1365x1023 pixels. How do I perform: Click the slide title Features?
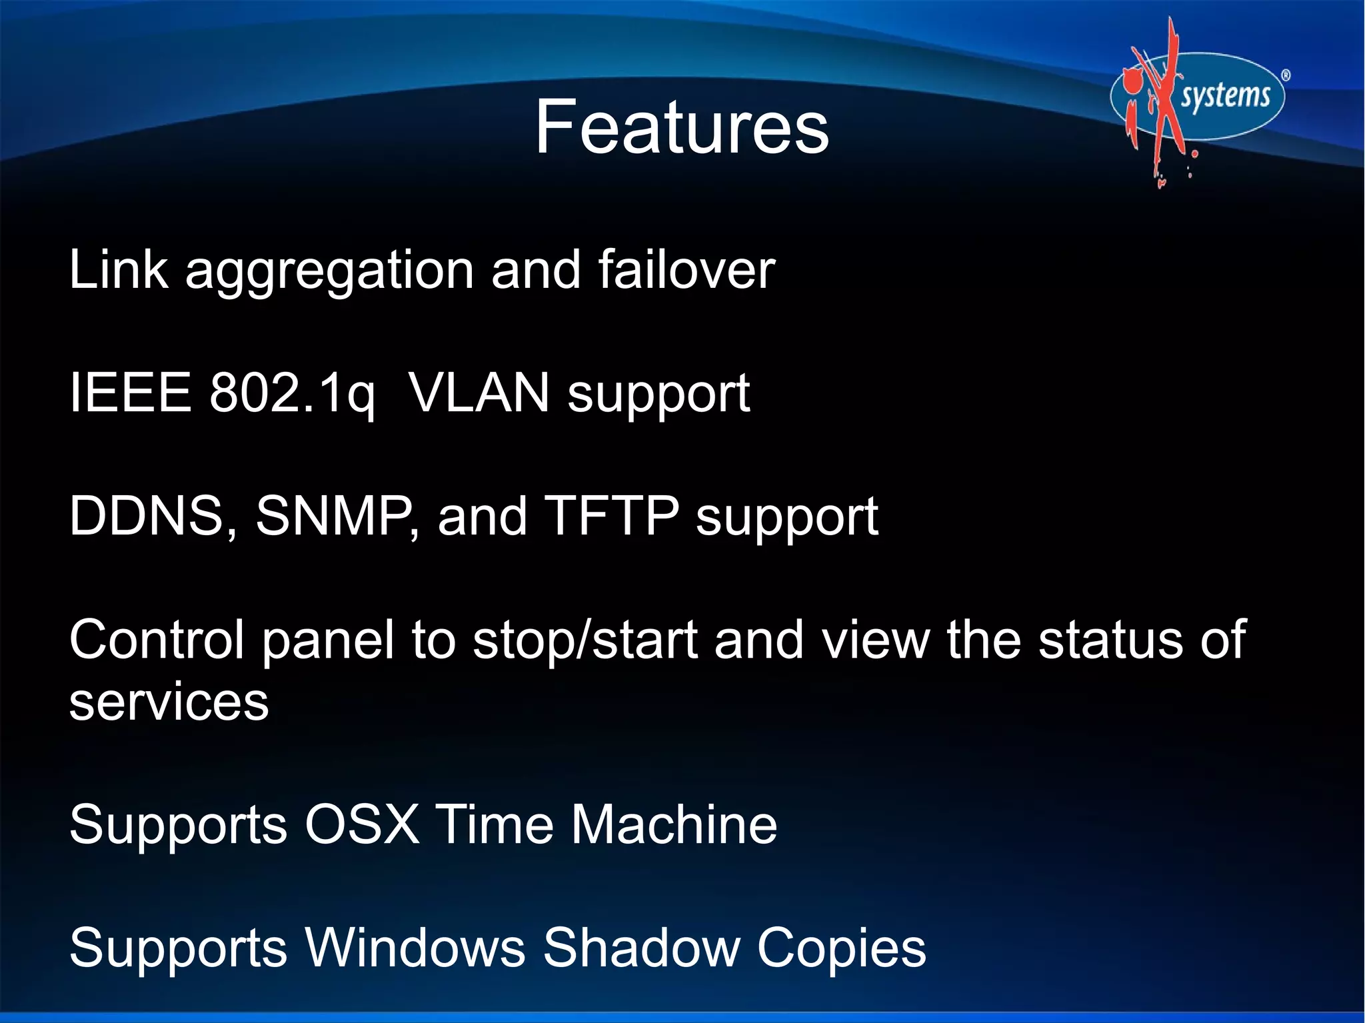(681, 127)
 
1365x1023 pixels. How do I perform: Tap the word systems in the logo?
(1225, 96)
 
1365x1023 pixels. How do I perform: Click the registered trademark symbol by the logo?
(1286, 75)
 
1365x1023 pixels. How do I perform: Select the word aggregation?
(329, 271)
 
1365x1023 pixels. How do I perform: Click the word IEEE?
(131, 393)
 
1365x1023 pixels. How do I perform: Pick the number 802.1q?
(292, 394)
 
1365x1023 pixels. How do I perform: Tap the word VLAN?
(479, 393)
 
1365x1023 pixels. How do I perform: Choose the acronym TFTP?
(612, 516)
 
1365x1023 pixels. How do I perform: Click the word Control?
(157, 640)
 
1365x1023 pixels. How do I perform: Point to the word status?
(1110, 640)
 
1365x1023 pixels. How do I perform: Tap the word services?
(169, 702)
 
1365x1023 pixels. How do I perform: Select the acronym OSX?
(362, 824)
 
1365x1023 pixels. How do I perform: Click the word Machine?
(674, 824)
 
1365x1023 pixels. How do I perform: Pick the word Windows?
(416, 948)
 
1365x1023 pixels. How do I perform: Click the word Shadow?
(641, 948)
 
